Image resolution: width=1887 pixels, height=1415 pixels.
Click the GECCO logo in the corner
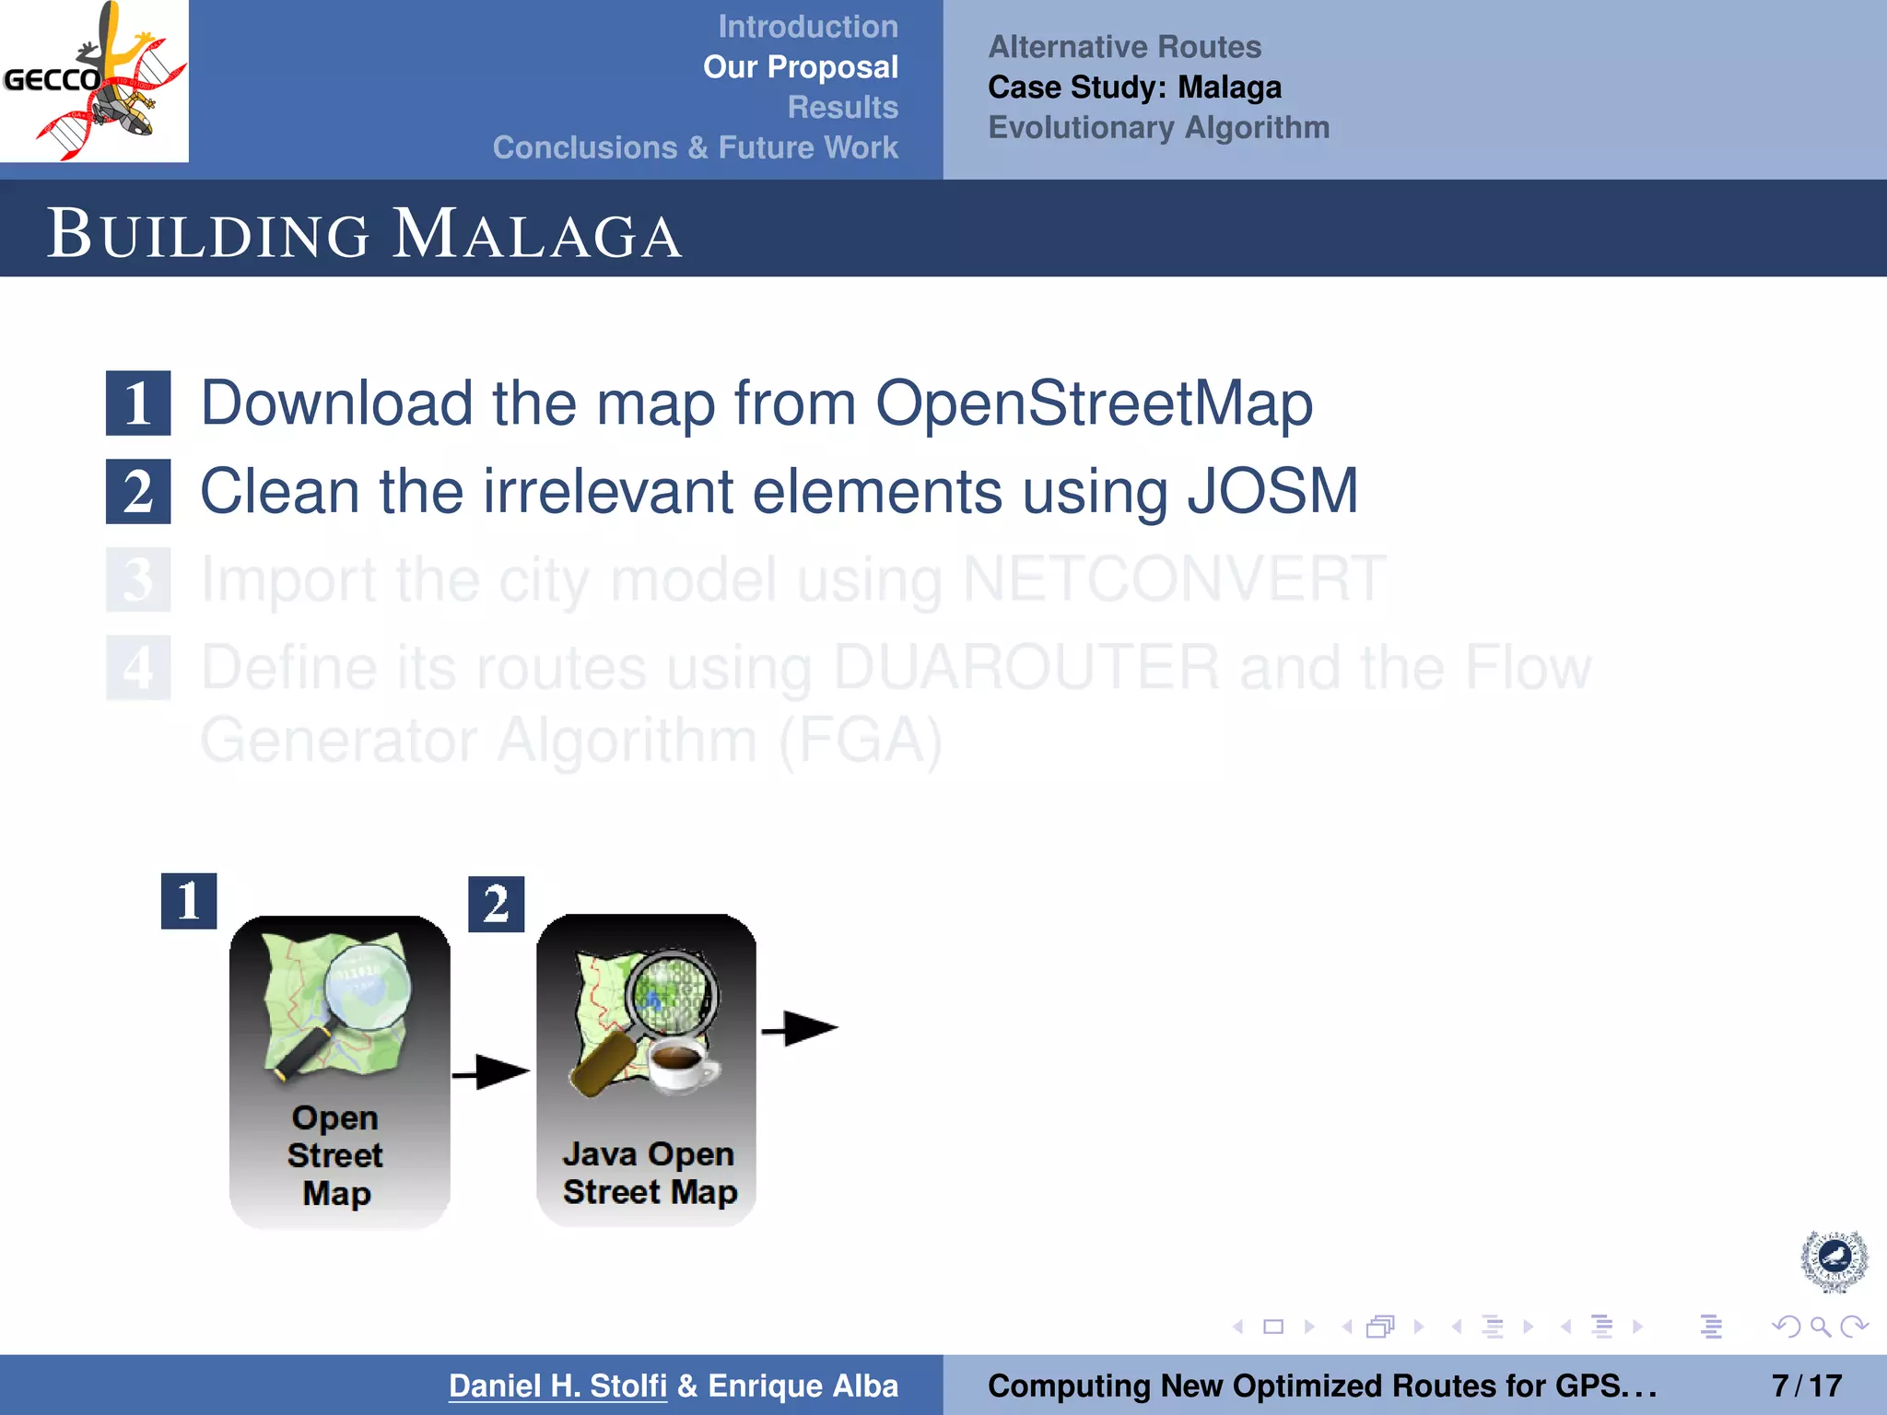94,81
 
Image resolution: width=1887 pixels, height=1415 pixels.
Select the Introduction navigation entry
807,27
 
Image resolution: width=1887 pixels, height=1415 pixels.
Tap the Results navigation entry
842,107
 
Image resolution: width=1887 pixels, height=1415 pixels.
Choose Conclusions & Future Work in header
695,147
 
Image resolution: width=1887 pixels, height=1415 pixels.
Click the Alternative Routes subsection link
1124,47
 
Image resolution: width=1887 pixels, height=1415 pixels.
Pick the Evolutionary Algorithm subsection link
1158,127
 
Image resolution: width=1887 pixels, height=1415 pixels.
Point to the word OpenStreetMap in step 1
1093,403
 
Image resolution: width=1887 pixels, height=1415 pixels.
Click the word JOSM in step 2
1272,491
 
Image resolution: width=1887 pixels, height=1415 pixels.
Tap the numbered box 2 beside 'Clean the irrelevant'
138,492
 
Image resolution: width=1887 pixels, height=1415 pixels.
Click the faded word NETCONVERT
1173,579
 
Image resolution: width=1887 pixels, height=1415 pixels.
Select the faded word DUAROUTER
1026,668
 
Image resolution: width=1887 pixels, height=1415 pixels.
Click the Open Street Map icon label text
335,1155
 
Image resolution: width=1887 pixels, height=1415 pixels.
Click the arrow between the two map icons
491,1072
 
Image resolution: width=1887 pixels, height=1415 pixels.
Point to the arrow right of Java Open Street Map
799,1028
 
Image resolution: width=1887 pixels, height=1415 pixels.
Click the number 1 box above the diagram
189,901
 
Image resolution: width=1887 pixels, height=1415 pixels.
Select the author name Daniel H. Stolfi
557,1386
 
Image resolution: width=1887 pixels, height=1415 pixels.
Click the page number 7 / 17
1806,1386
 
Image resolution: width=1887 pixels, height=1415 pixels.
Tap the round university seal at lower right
1834,1259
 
